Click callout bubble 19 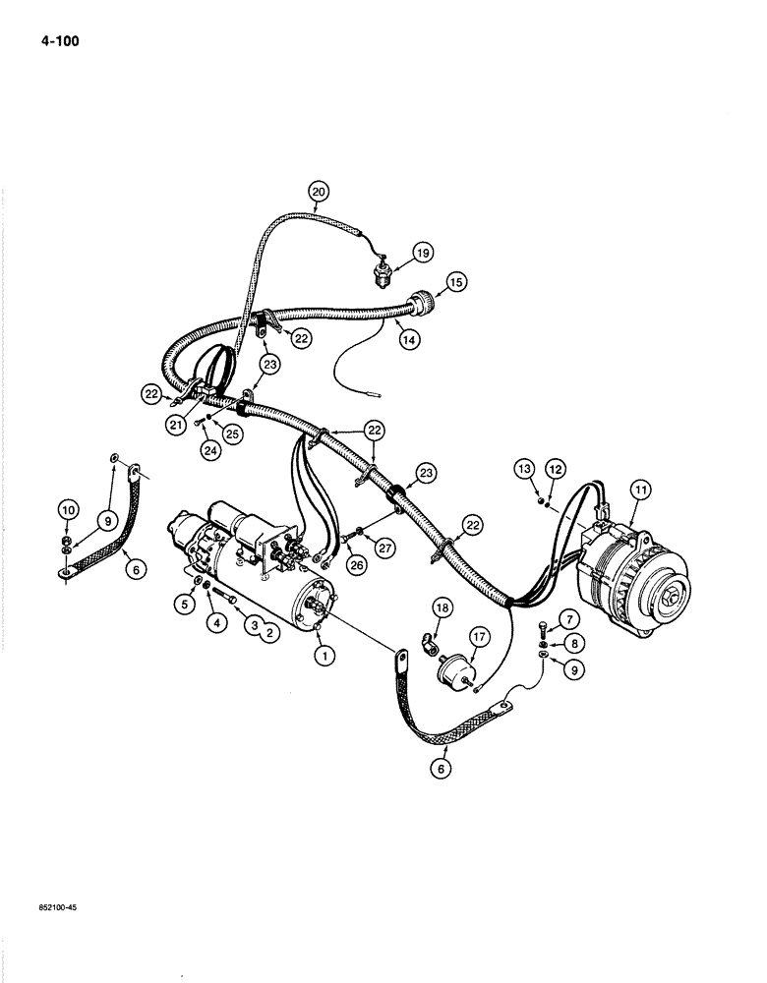click(422, 253)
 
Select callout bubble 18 click(442, 610)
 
